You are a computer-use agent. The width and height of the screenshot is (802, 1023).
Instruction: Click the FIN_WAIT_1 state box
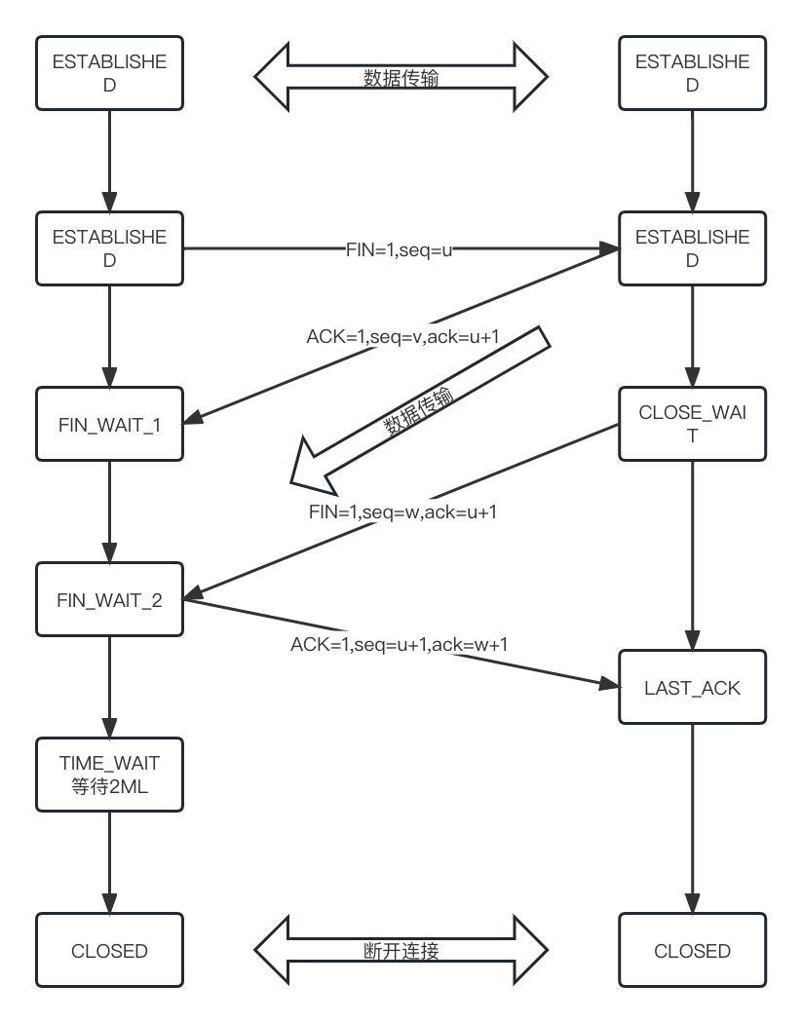108,425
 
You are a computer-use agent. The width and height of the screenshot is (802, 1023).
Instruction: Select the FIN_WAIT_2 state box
108,599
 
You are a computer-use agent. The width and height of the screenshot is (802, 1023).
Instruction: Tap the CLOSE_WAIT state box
692,425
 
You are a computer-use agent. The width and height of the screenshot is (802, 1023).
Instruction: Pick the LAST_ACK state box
692,688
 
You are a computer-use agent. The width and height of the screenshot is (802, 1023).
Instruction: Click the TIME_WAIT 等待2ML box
108,775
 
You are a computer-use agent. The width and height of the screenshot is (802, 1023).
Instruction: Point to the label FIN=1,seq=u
401,248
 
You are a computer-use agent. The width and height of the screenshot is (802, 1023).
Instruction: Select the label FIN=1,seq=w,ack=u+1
402,511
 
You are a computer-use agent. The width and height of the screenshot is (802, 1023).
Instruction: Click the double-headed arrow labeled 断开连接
401,950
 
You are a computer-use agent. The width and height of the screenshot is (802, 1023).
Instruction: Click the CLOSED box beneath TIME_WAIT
108,950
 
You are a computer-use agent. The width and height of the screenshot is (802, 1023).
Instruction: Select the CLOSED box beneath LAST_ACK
692,950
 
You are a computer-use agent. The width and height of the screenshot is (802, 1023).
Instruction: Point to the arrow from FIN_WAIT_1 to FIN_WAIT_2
108,511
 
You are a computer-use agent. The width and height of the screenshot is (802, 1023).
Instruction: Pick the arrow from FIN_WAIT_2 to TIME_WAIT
108,687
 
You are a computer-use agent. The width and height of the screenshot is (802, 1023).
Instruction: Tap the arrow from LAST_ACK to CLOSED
692,818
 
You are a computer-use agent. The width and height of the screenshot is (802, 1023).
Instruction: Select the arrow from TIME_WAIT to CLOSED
108,862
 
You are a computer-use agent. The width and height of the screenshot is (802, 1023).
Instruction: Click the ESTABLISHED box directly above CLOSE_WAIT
692,248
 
